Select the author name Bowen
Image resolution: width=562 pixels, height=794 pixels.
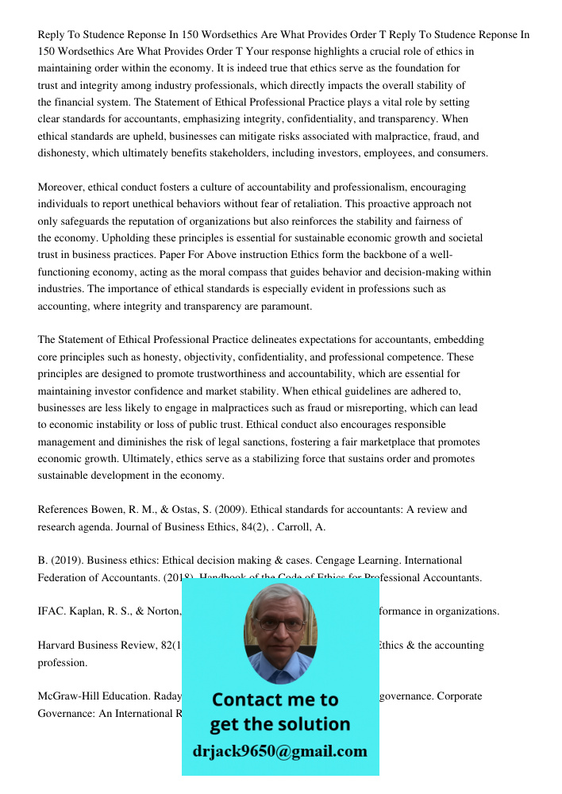coord(110,510)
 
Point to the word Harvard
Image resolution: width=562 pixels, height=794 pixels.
coord(59,646)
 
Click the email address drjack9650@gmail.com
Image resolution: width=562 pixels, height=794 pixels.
coord(279,751)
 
